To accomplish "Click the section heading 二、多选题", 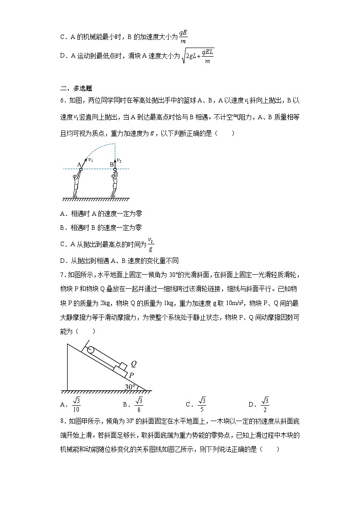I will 76,89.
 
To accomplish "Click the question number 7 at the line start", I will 62,275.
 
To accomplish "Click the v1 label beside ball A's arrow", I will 91,160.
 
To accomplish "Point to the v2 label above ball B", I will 119,160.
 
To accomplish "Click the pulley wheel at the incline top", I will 90,350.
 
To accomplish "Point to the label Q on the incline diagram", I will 134,364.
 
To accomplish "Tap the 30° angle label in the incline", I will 131,387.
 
